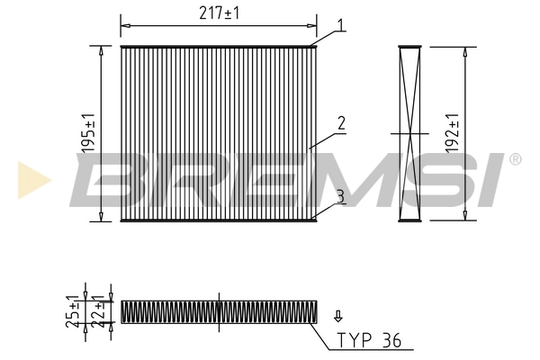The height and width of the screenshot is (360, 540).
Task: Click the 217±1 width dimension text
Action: click(x=219, y=13)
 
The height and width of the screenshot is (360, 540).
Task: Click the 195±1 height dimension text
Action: click(x=88, y=133)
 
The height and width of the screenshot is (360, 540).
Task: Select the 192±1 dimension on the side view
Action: click(x=453, y=133)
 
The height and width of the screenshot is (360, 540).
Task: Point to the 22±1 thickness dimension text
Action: click(x=101, y=311)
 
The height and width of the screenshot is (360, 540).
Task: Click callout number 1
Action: click(x=341, y=25)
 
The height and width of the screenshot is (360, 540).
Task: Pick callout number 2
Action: click(x=342, y=122)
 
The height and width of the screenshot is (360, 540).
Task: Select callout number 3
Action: click(x=341, y=195)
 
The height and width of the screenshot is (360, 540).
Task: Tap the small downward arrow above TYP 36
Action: click(x=337, y=315)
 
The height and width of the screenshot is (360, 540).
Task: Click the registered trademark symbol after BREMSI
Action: click(x=515, y=159)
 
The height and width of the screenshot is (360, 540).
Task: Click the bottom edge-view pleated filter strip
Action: click(x=219, y=312)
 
